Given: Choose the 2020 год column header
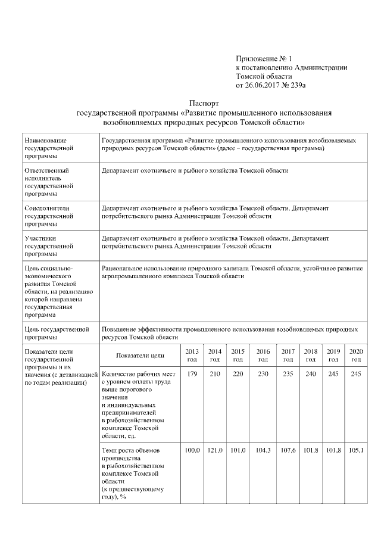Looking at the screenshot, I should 355,356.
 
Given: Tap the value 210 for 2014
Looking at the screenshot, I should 215,374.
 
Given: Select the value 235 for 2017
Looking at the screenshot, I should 288,374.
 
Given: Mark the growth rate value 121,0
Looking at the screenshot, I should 215,450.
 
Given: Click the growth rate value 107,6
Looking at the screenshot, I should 288,450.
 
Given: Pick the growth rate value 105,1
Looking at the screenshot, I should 355,450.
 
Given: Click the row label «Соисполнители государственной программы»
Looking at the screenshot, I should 48,216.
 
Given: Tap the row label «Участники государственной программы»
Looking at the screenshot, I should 48,245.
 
